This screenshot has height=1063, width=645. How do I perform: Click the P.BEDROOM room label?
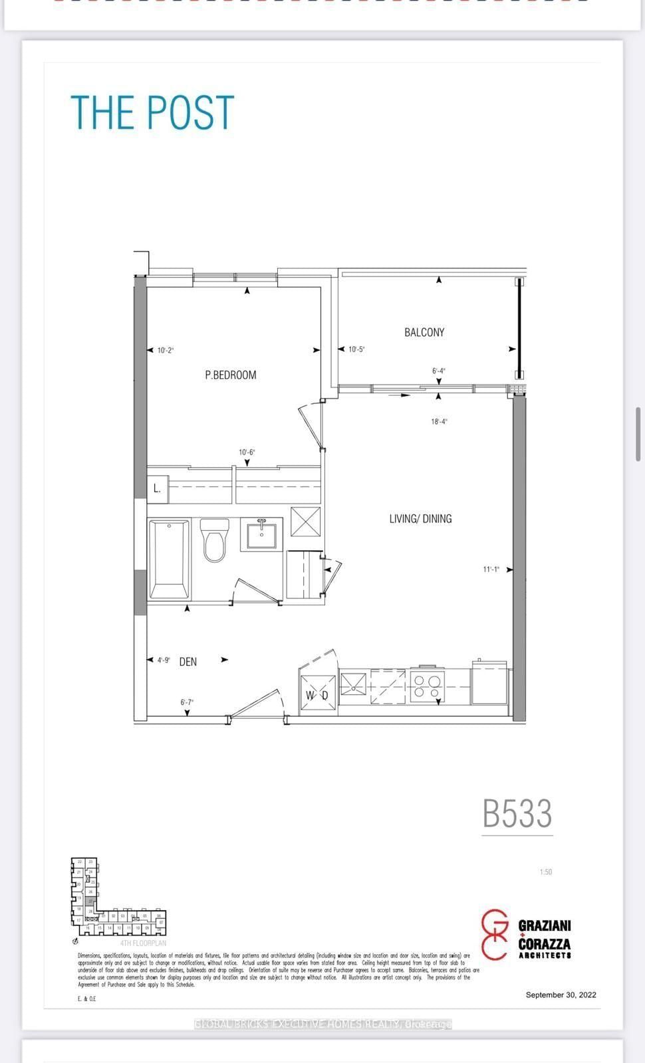pos(230,375)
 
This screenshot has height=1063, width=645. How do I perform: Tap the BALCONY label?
pos(424,332)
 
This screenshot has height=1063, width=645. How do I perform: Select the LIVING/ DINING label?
pos(420,518)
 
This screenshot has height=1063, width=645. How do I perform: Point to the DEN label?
pos(188,662)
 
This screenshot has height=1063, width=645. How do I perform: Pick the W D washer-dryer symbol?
pos(317,695)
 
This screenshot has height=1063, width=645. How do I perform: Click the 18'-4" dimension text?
pos(438,421)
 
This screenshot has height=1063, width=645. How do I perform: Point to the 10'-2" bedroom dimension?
pos(165,350)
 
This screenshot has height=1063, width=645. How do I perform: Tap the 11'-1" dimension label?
pos(491,569)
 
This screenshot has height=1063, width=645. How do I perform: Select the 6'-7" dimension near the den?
pos(187,702)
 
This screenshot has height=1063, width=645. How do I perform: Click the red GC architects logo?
pos(495,934)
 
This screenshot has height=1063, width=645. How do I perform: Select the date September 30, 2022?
pos(561,995)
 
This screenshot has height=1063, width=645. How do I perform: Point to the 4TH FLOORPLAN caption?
pos(143,943)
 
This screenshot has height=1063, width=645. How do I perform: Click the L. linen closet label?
pos(157,488)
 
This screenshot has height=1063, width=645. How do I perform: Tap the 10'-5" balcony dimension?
pos(356,349)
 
